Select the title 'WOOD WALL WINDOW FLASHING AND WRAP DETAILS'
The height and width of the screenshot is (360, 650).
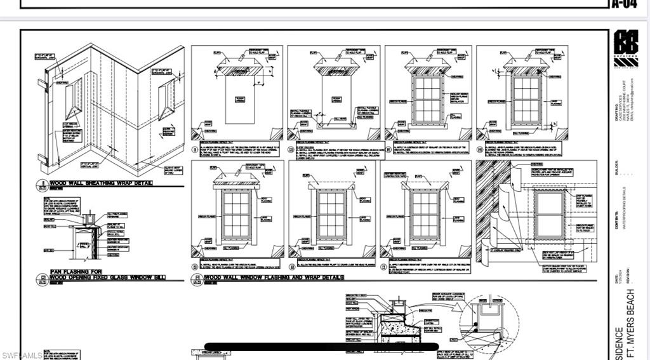(275, 277)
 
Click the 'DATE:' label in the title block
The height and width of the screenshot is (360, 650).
(616, 278)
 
